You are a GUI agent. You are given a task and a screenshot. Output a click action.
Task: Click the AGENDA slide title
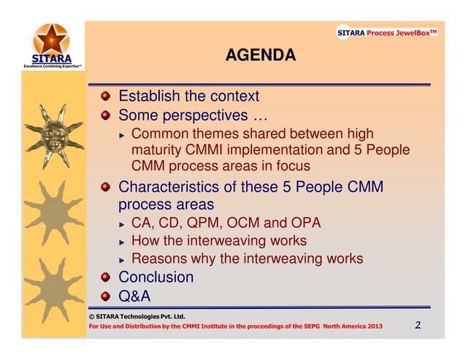point(260,55)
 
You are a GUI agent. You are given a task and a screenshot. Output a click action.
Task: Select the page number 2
point(418,325)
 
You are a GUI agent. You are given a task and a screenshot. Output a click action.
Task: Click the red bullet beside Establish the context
point(107,96)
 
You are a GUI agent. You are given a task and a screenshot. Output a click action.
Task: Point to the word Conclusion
point(156,277)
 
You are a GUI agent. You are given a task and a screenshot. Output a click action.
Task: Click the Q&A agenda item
point(134,296)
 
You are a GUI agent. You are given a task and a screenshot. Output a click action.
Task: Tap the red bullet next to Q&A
point(107,296)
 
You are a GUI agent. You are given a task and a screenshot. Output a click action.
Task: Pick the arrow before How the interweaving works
point(123,242)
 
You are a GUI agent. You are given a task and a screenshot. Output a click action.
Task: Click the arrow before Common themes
point(123,134)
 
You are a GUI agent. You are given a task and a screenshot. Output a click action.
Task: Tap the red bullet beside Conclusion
point(107,277)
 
